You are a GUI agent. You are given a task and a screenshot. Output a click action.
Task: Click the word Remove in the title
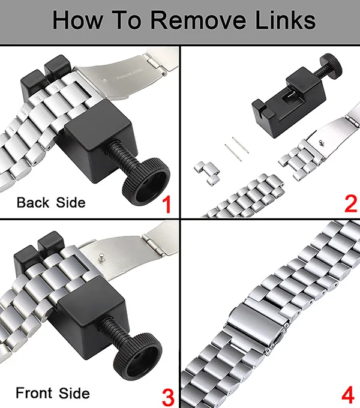coord(198,20)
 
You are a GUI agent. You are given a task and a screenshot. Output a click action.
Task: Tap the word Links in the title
coord(286,20)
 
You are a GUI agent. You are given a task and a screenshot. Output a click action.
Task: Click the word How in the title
coord(78,20)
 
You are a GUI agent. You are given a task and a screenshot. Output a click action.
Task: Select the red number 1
coord(167,205)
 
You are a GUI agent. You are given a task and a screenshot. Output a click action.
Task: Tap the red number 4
coord(348,395)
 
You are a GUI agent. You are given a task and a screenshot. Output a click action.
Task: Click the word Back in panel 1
coord(33,202)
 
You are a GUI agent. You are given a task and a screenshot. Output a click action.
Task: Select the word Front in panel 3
coord(34,393)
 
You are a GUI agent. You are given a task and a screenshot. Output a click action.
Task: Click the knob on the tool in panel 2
coord(331,65)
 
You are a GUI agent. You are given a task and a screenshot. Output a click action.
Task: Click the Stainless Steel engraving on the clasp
coord(129,74)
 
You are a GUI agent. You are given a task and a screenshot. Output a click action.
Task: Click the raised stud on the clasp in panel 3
coord(101,257)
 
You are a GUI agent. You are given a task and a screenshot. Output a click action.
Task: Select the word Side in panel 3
coord(74,393)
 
